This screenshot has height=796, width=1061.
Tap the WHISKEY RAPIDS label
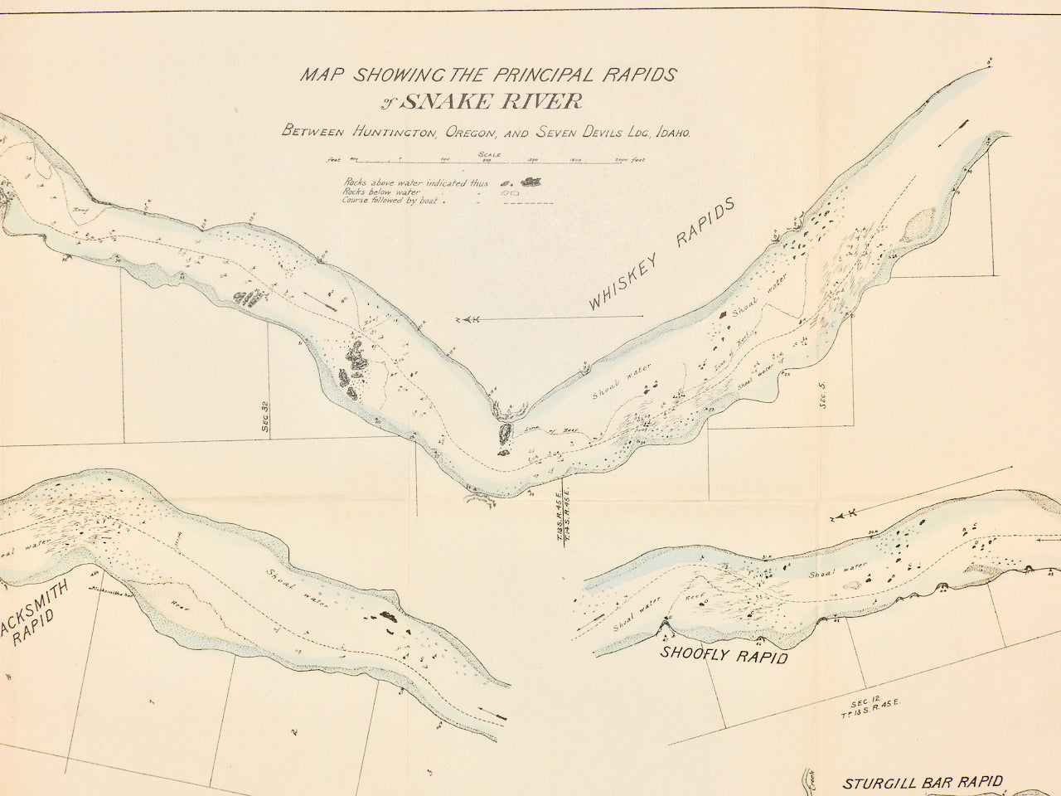663,255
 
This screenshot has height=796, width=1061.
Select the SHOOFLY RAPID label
723,654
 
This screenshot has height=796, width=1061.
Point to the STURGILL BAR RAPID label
923,782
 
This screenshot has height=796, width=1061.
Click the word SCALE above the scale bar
490,154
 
